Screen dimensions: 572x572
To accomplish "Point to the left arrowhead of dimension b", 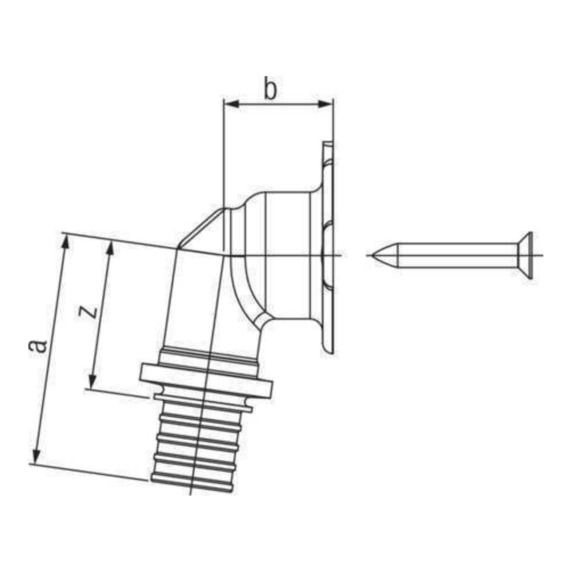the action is [231, 104].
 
